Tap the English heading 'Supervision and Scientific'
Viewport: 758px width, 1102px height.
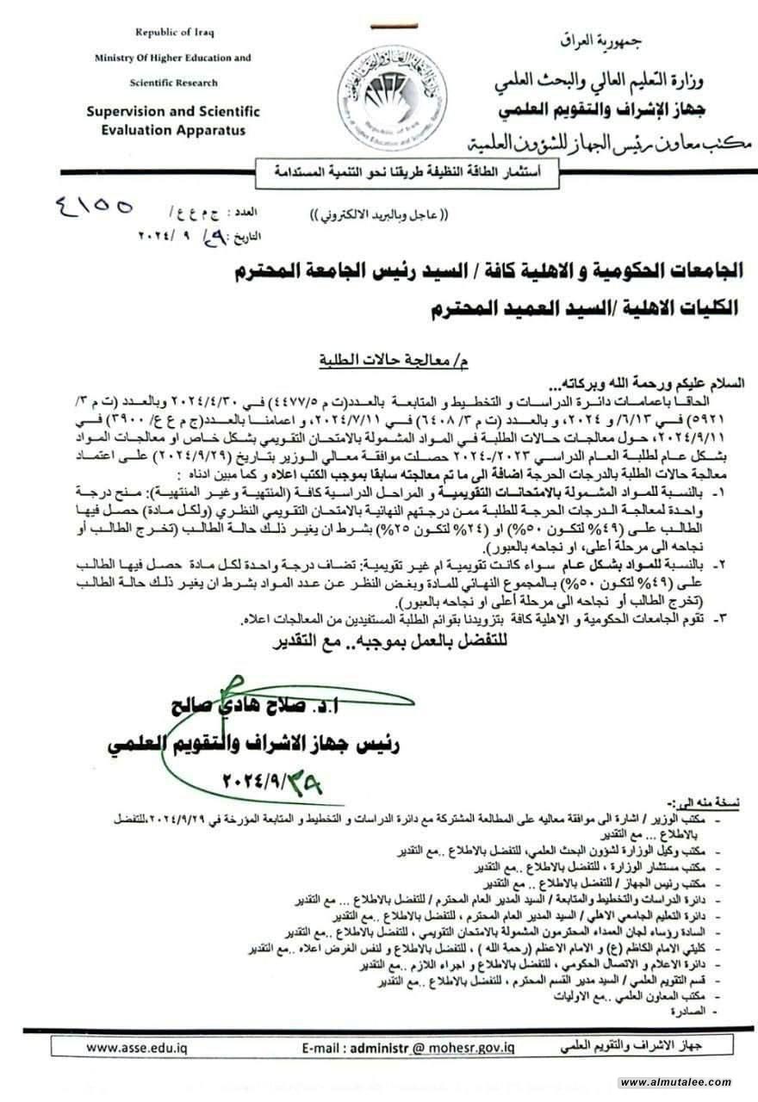click(x=172, y=112)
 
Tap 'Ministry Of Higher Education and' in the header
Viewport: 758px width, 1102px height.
click(x=173, y=58)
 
